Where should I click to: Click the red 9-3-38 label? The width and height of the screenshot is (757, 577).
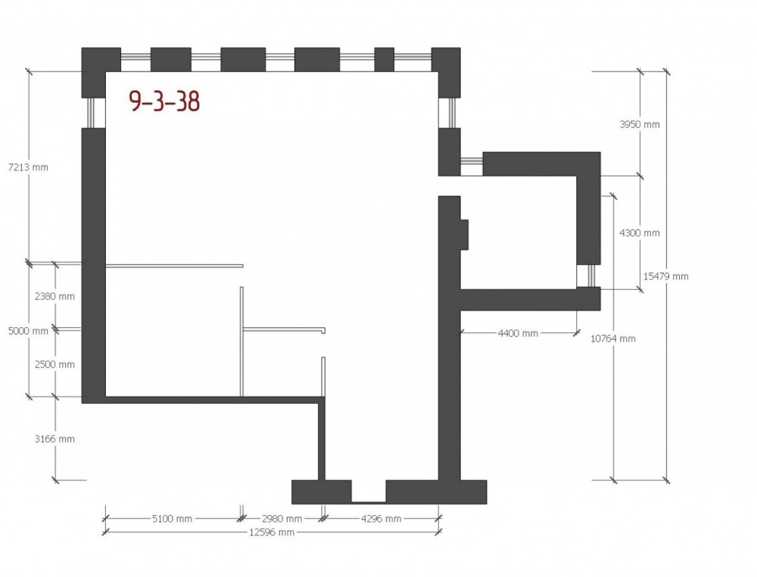[164, 101]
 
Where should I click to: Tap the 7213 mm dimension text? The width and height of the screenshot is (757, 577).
[29, 167]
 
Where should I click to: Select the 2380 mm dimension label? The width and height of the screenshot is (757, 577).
[55, 296]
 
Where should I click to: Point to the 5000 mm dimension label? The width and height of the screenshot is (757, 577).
[29, 331]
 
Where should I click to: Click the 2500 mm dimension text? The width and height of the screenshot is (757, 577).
[55, 364]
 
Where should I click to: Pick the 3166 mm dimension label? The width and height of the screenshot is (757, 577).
[55, 439]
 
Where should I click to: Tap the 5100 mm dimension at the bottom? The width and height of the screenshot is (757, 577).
[172, 519]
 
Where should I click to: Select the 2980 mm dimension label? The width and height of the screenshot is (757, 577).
[282, 519]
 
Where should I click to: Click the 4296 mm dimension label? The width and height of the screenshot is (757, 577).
[381, 519]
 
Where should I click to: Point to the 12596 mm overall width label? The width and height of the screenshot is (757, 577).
[271, 532]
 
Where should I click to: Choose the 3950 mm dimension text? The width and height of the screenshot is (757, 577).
[640, 124]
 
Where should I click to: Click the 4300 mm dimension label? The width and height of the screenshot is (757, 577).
[640, 232]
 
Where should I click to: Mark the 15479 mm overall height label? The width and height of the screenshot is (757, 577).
[665, 276]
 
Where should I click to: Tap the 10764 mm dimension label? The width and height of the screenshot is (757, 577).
[613, 338]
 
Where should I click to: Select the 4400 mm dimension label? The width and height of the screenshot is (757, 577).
[518, 333]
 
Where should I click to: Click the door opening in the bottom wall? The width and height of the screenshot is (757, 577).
[369, 491]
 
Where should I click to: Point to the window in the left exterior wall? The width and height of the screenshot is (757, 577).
[93, 113]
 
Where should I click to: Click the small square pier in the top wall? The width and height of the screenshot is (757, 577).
[385, 59]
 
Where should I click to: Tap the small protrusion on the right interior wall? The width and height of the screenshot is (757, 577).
[464, 235]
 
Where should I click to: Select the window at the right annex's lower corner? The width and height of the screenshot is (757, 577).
[589, 276]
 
